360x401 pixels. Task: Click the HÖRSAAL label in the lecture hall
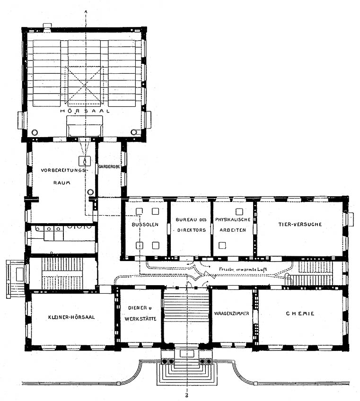(x=85, y=111)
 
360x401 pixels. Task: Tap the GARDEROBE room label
(x=109, y=166)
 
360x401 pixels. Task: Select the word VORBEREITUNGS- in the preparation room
(x=63, y=170)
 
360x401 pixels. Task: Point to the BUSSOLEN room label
(x=145, y=225)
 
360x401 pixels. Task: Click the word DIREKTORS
(x=192, y=230)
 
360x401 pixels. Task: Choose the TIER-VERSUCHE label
(x=300, y=224)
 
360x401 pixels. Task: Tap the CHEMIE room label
(x=300, y=314)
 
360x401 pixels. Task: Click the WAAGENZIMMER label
(x=231, y=314)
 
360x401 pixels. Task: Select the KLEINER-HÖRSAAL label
(x=71, y=317)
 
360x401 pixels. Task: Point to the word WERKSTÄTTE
(x=140, y=319)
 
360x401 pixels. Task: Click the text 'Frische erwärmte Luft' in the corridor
(x=243, y=269)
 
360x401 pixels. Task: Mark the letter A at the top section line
(x=86, y=11)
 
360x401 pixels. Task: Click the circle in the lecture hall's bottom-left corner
(x=35, y=132)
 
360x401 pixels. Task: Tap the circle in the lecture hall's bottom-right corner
(x=134, y=132)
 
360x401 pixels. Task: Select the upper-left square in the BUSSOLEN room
(x=139, y=211)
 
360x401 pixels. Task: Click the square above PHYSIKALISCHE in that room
(x=239, y=211)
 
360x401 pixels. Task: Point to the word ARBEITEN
(x=233, y=230)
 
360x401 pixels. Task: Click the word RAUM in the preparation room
(x=61, y=183)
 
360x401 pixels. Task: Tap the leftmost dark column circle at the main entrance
(x=164, y=361)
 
